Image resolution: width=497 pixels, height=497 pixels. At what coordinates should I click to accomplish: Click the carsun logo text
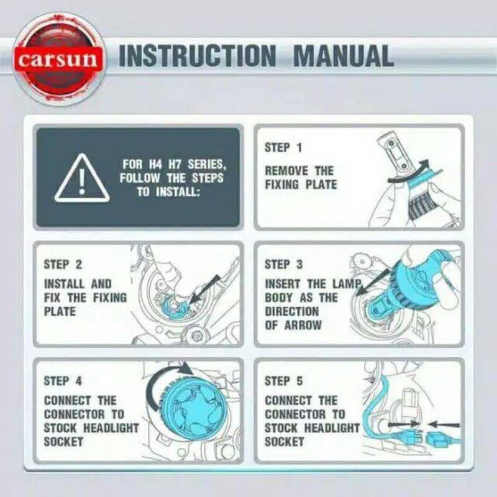pos(58,60)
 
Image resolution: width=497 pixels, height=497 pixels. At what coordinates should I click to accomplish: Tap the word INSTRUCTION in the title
pos(197,56)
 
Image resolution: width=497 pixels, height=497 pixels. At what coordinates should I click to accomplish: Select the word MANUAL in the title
pos(344,56)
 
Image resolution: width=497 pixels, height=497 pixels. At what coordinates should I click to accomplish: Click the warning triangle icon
pos(82,178)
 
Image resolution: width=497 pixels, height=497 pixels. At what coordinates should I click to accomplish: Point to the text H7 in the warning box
pos(175,164)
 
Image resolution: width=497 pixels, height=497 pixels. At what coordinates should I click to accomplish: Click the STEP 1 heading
pos(283,147)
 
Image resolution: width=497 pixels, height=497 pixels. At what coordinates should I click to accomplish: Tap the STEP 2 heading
pos(63,265)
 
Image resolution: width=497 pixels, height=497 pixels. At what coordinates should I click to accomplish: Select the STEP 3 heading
pos(283,265)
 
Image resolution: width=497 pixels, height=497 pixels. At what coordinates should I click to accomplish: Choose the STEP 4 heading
pos(63,381)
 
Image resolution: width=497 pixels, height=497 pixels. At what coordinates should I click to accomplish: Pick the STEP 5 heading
pos(283,381)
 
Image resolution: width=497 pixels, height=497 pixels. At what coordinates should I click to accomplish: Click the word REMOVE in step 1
pos(286,171)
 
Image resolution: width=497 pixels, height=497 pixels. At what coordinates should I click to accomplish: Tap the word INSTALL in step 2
pos(65,284)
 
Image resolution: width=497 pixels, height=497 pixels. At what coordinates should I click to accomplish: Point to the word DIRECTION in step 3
pos(291,312)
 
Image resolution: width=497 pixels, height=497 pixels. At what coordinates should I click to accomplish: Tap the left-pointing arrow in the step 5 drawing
pos(443,424)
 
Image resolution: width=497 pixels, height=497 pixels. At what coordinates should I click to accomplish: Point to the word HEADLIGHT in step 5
pos(332,428)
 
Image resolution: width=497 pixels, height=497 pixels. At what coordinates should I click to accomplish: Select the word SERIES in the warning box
pos(207,165)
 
